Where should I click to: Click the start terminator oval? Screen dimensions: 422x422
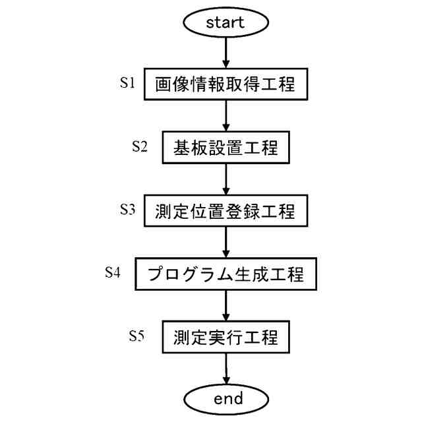coord(226,22)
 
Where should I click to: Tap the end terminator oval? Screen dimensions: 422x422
coord(226,398)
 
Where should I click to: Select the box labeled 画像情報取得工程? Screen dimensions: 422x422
coord(226,85)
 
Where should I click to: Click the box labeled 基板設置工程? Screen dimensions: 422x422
coord(226,148)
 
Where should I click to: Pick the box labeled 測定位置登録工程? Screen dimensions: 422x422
coord(226,212)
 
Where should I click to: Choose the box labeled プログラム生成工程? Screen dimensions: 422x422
coord(226,274)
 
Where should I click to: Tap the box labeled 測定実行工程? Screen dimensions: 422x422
coord(226,338)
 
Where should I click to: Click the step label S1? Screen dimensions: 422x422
coord(127,83)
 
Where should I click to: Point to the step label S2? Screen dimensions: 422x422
coord(139,146)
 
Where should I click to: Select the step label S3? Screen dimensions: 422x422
coord(127,210)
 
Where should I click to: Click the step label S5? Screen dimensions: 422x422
coord(136,336)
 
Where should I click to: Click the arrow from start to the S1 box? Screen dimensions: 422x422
coord(226,53)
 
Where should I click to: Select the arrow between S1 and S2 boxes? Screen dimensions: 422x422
coord(226,117)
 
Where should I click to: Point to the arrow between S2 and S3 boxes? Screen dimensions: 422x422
coord(226,180)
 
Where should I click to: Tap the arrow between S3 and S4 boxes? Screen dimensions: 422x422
coord(226,243)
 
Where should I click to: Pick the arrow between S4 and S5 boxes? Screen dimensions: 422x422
coord(226,306)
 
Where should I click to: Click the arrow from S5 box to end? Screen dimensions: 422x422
coord(226,369)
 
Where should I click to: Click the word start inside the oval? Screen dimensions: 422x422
coord(226,22)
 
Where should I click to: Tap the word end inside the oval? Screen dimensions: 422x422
coord(226,398)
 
